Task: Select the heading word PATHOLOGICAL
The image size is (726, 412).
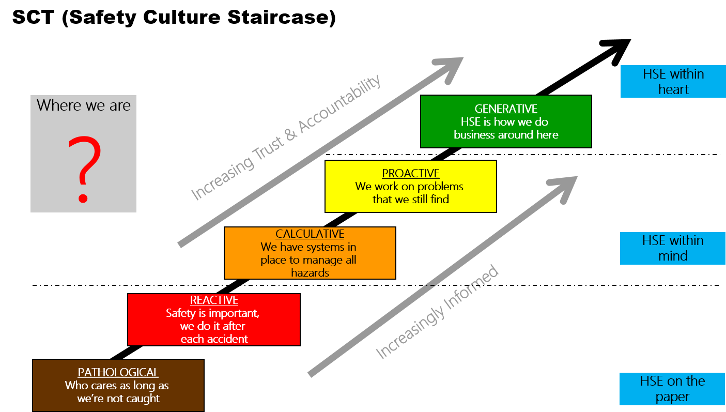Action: pyautogui.click(x=118, y=373)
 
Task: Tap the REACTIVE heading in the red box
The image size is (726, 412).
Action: pyautogui.click(x=214, y=300)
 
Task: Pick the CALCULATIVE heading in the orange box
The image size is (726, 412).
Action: pyautogui.click(x=310, y=234)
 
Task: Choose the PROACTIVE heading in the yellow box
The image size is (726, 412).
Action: pyautogui.click(x=411, y=174)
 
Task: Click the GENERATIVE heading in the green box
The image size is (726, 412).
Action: pyautogui.click(x=506, y=109)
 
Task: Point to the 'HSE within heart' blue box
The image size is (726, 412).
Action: pyautogui.click(x=673, y=82)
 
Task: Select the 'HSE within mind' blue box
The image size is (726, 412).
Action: pyautogui.click(x=673, y=248)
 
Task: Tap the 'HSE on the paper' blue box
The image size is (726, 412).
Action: pyautogui.click(x=672, y=389)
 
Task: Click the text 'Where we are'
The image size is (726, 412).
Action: pyautogui.click(x=84, y=105)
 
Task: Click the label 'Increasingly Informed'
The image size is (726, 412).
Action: pyautogui.click(x=437, y=312)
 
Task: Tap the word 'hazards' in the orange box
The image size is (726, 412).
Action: pyautogui.click(x=310, y=272)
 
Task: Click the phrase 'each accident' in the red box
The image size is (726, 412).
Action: pyautogui.click(x=214, y=339)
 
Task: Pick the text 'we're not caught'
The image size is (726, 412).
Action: pyautogui.click(x=118, y=399)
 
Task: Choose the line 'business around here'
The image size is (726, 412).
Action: pyautogui.click(x=506, y=135)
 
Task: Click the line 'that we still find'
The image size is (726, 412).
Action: pyautogui.click(x=411, y=199)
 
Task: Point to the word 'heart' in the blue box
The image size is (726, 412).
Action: pyautogui.click(x=673, y=89)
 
